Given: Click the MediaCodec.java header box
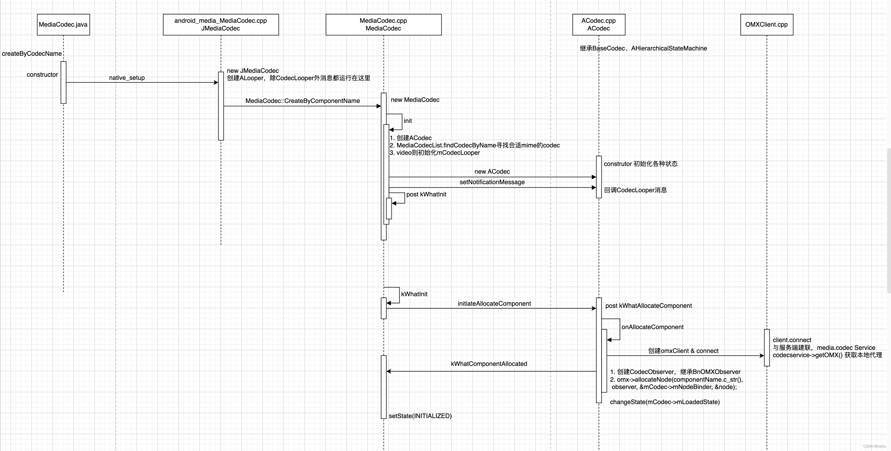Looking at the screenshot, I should tap(63, 25).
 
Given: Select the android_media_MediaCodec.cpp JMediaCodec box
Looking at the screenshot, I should tap(221, 25).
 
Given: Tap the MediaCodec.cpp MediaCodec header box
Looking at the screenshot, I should tap(384, 25).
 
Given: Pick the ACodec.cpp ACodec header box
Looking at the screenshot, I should tap(599, 25).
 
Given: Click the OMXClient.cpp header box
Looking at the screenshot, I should tap(766, 25).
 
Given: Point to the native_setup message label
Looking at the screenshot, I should tap(127, 78).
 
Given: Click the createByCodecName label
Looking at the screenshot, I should tap(32, 54).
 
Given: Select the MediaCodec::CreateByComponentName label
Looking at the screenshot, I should tap(303, 101).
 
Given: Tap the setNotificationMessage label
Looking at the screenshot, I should tap(492, 182).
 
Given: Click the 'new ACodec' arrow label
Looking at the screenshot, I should tap(492, 172).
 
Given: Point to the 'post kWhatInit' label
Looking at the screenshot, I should tap(426, 194).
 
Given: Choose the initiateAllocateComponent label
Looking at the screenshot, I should tap(494, 304).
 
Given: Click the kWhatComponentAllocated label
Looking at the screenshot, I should tap(489, 364).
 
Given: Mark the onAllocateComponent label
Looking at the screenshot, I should tap(652, 327).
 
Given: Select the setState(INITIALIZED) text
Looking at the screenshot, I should tap(420, 416).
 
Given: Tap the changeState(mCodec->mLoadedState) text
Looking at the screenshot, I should tap(665, 402).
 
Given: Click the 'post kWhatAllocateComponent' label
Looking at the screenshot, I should tap(648, 306).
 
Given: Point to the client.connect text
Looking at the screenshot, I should tap(792, 340).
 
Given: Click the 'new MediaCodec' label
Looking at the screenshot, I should tap(415, 100).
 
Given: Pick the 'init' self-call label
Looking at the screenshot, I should tap(408, 121).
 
